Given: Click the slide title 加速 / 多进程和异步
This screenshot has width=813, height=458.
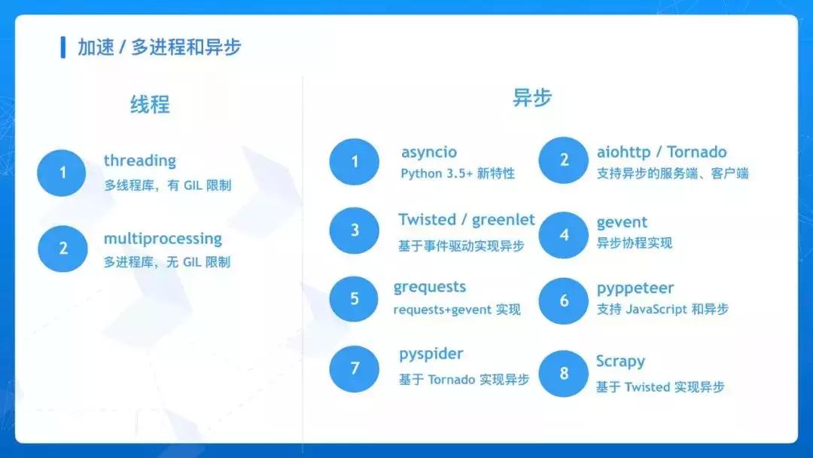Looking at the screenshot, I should [x=159, y=47].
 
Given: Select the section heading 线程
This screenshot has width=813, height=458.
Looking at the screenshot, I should [x=150, y=104].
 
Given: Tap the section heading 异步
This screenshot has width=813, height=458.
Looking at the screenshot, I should [x=532, y=98].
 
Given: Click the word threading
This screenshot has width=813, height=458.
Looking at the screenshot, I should [x=139, y=160].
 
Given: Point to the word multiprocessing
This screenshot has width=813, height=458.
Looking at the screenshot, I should [x=163, y=239].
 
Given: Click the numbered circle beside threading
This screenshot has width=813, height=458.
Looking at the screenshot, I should [x=62, y=173].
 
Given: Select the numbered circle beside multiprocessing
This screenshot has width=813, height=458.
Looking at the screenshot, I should [x=62, y=248].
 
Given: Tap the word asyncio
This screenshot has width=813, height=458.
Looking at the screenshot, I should [x=428, y=152].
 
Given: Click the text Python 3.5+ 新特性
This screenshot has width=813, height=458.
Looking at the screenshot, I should [x=457, y=173].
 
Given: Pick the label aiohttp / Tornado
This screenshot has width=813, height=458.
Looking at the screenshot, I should [x=662, y=151].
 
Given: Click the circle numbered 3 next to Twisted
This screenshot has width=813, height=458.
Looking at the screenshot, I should [x=355, y=231].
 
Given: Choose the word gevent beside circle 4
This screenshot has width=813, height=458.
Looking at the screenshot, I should [x=622, y=222].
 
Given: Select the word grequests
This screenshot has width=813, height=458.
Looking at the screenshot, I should [x=429, y=287].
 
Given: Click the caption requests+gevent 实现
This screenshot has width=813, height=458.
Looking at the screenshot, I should [x=456, y=310].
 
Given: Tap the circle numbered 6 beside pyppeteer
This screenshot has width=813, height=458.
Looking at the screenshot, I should [x=564, y=301].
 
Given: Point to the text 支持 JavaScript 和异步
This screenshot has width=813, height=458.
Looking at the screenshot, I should [x=662, y=309].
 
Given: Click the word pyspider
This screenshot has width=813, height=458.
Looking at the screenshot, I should [x=431, y=353].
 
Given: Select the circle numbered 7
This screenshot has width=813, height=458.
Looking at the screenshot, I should [x=355, y=368].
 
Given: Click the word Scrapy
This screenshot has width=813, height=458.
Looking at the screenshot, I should [x=620, y=361].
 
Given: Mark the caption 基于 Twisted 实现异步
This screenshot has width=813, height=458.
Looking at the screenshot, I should [x=660, y=386].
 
